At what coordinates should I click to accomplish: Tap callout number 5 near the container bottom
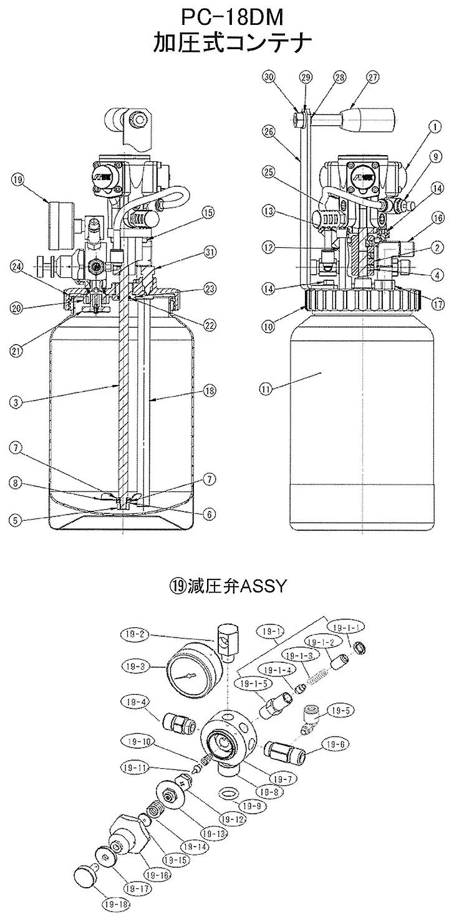pyautogui.click(x=17, y=519)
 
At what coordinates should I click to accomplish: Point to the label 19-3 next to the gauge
pyautogui.click(x=133, y=666)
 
